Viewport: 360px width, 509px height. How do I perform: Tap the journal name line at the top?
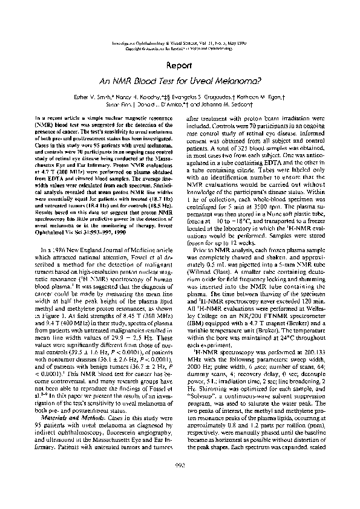click(x=180, y=44)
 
